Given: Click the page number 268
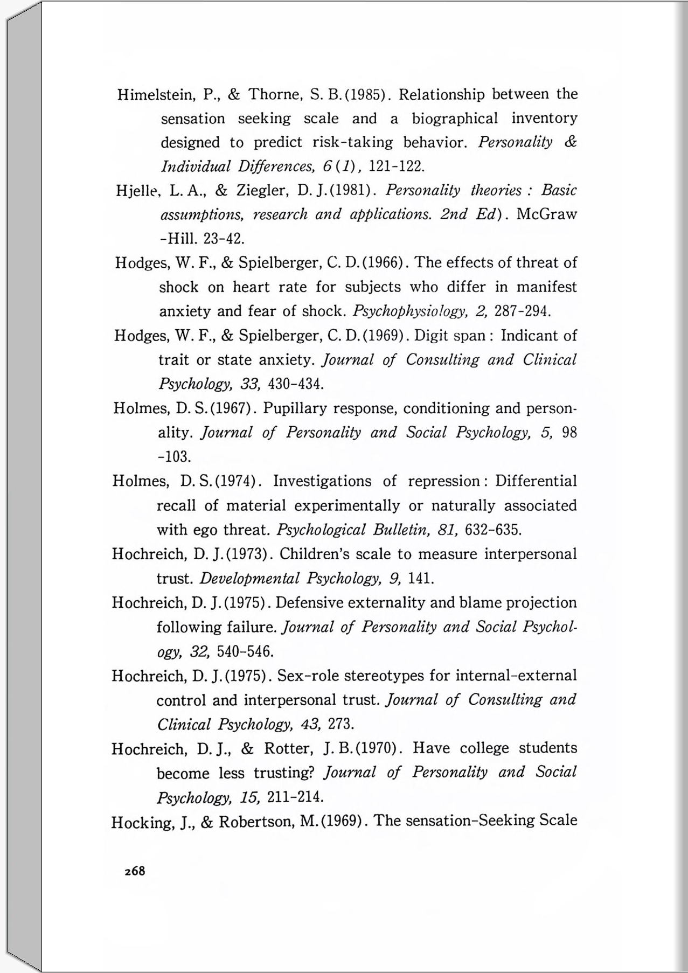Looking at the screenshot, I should (135, 871).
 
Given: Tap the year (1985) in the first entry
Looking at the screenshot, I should (366, 95).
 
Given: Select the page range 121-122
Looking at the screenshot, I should (398, 166).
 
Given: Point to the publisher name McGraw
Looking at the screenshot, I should (546, 214).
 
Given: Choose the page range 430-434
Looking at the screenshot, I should (295, 384).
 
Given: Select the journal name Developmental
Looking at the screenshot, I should (249, 579).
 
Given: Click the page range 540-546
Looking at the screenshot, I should (245, 651).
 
